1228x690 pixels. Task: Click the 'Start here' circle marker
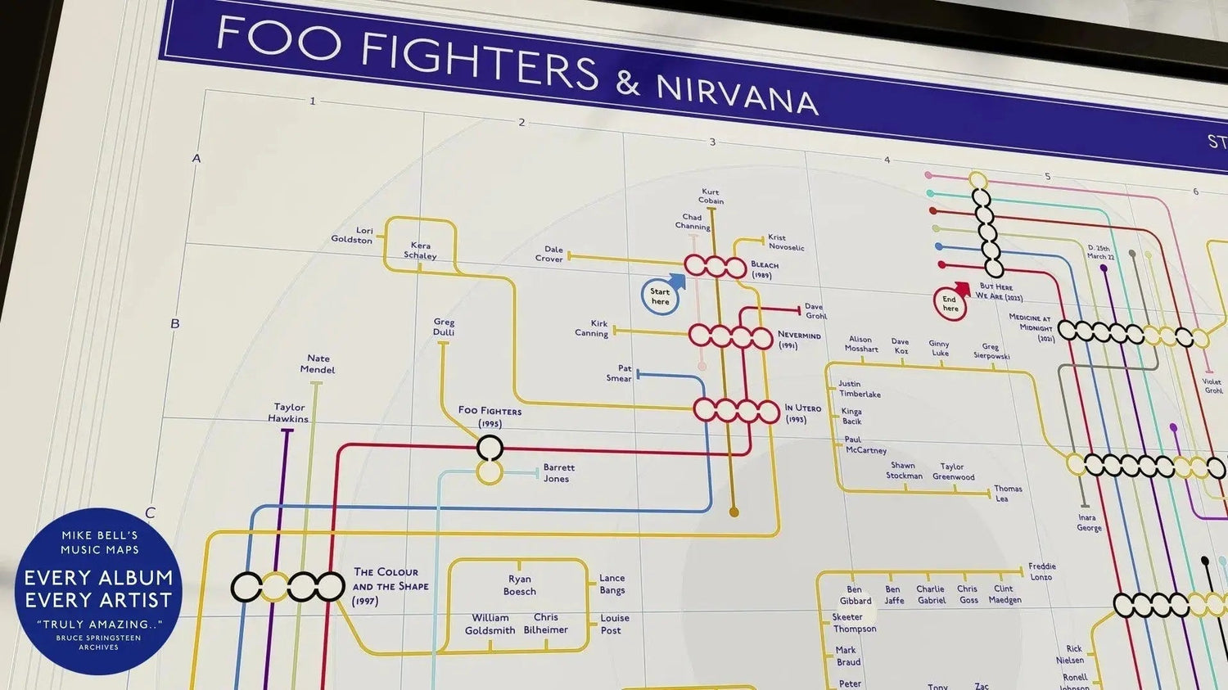[x=660, y=296]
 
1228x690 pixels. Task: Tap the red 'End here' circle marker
[x=950, y=304]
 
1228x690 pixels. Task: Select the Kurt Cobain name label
[x=711, y=196]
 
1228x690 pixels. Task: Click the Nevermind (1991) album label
[x=798, y=340]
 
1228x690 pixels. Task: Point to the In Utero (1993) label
[x=801, y=413]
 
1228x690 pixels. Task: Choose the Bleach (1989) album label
[x=764, y=269]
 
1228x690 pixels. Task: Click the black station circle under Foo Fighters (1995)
[x=490, y=448]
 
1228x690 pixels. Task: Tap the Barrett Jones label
[x=558, y=473]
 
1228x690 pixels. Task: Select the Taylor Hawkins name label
[x=289, y=413]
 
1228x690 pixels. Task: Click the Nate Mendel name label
[x=318, y=364]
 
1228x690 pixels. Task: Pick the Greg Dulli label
[x=444, y=327]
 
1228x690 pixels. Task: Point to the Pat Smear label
[x=620, y=373]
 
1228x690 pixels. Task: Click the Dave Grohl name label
[x=815, y=311]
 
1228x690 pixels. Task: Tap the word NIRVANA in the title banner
[x=737, y=95]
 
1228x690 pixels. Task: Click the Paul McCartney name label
[x=865, y=445]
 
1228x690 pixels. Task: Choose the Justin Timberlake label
[x=859, y=389]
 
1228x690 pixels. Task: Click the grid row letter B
[x=174, y=324]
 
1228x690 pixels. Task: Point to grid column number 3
[x=712, y=142]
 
